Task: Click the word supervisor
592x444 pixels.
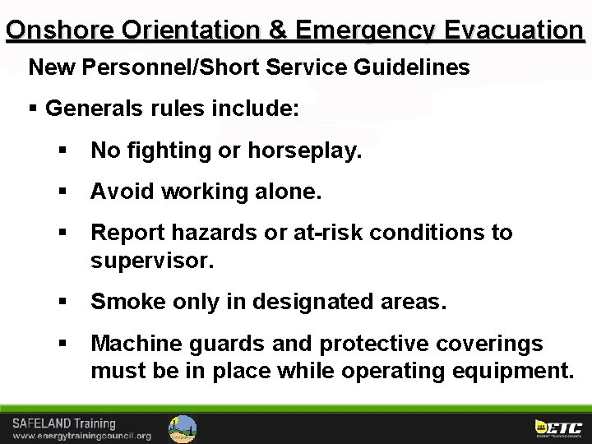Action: click(x=151, y=261)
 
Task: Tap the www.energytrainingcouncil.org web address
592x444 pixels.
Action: click(x=81, y=436)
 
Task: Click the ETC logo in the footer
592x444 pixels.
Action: click(x=558, y=428)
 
